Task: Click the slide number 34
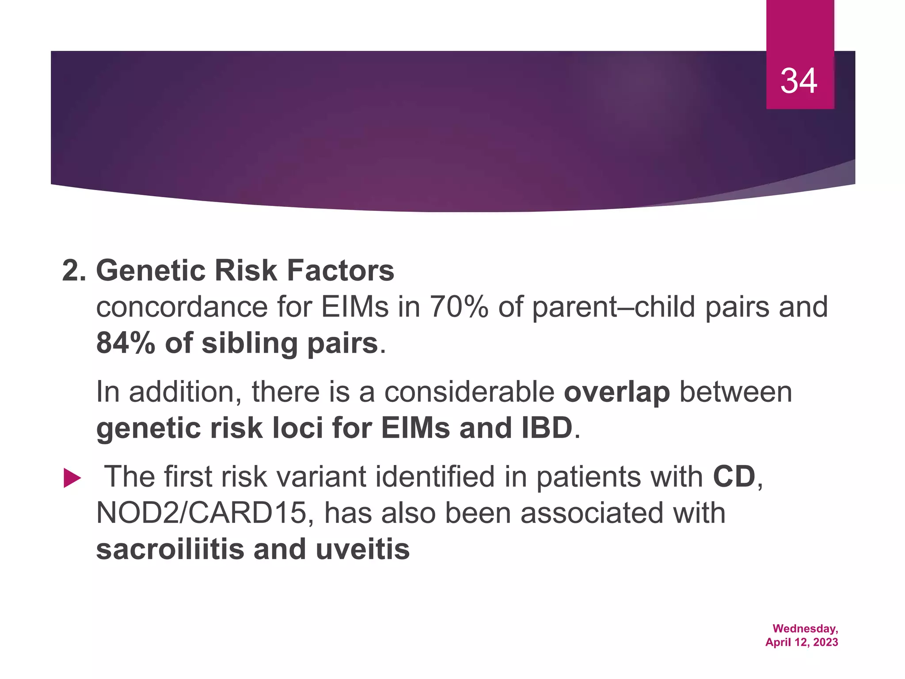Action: pyautogui.click(x=799, y=81)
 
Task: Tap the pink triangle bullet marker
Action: pyautogui.click(x=72, y=478)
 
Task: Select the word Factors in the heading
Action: pyautogui.click(x=340, y=271)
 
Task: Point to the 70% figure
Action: pyautogui.click(x=459, y=307)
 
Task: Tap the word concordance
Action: pyautogui.click(x=182, y=307)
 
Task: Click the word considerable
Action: pyautogui.click(x=469, y=392)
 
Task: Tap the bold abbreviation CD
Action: pyautogui.click(x=734, y=477)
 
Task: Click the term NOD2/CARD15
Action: pyautogui.click(x=201, y=513)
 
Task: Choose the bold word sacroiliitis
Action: pyautogui.click(x=170, y=549)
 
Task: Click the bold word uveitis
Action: pyautogui.click(x=363, y=549)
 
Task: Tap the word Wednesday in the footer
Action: pyautogui.click(x=805, y=629)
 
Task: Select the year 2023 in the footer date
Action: pyautogui.click(x=825, y=642)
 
